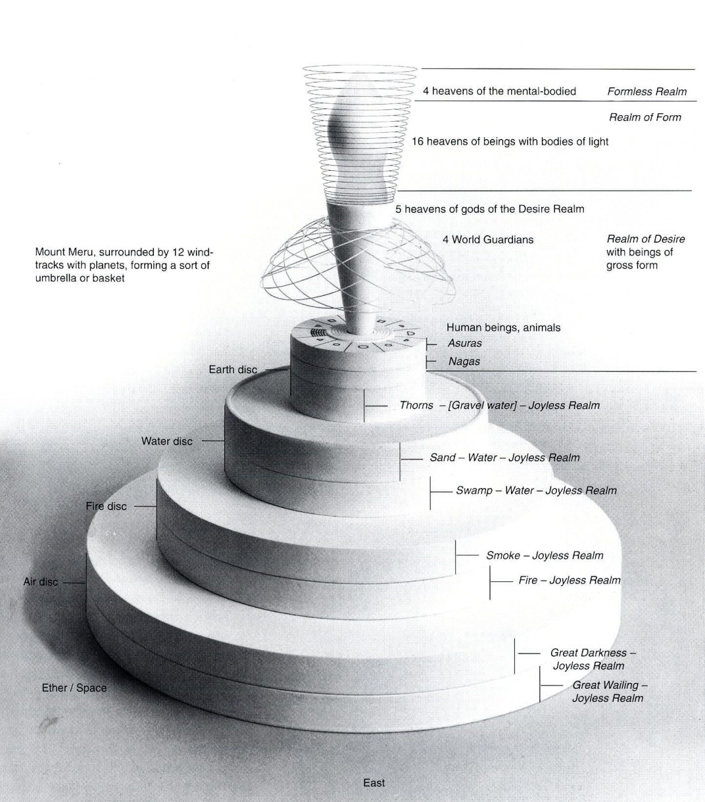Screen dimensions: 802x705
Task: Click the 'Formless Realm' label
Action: click(647, 92)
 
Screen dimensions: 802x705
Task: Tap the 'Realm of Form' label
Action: click(645, 118)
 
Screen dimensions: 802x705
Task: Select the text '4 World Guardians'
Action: click(487, 240)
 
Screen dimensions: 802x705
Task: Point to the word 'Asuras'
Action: click(465, 343)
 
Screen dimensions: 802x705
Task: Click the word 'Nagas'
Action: click(464, 361)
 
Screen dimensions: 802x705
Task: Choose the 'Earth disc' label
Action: click(233, 370)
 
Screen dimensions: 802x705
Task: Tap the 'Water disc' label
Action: click(166, 441)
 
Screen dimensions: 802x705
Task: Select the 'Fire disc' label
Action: click(106, 506)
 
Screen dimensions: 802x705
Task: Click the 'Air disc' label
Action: click(41, 581)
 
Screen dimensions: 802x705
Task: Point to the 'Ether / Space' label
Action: click(74, 688)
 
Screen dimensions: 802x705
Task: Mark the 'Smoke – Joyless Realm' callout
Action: click(544, 556)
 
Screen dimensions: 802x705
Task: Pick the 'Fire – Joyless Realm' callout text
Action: click(569, 580)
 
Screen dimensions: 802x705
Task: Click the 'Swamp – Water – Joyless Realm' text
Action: click(535, 490)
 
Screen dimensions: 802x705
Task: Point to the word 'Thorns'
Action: click(416, 405)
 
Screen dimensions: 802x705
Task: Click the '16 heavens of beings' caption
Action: click(510, 141)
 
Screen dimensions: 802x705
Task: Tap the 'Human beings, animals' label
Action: click(503, 327)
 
